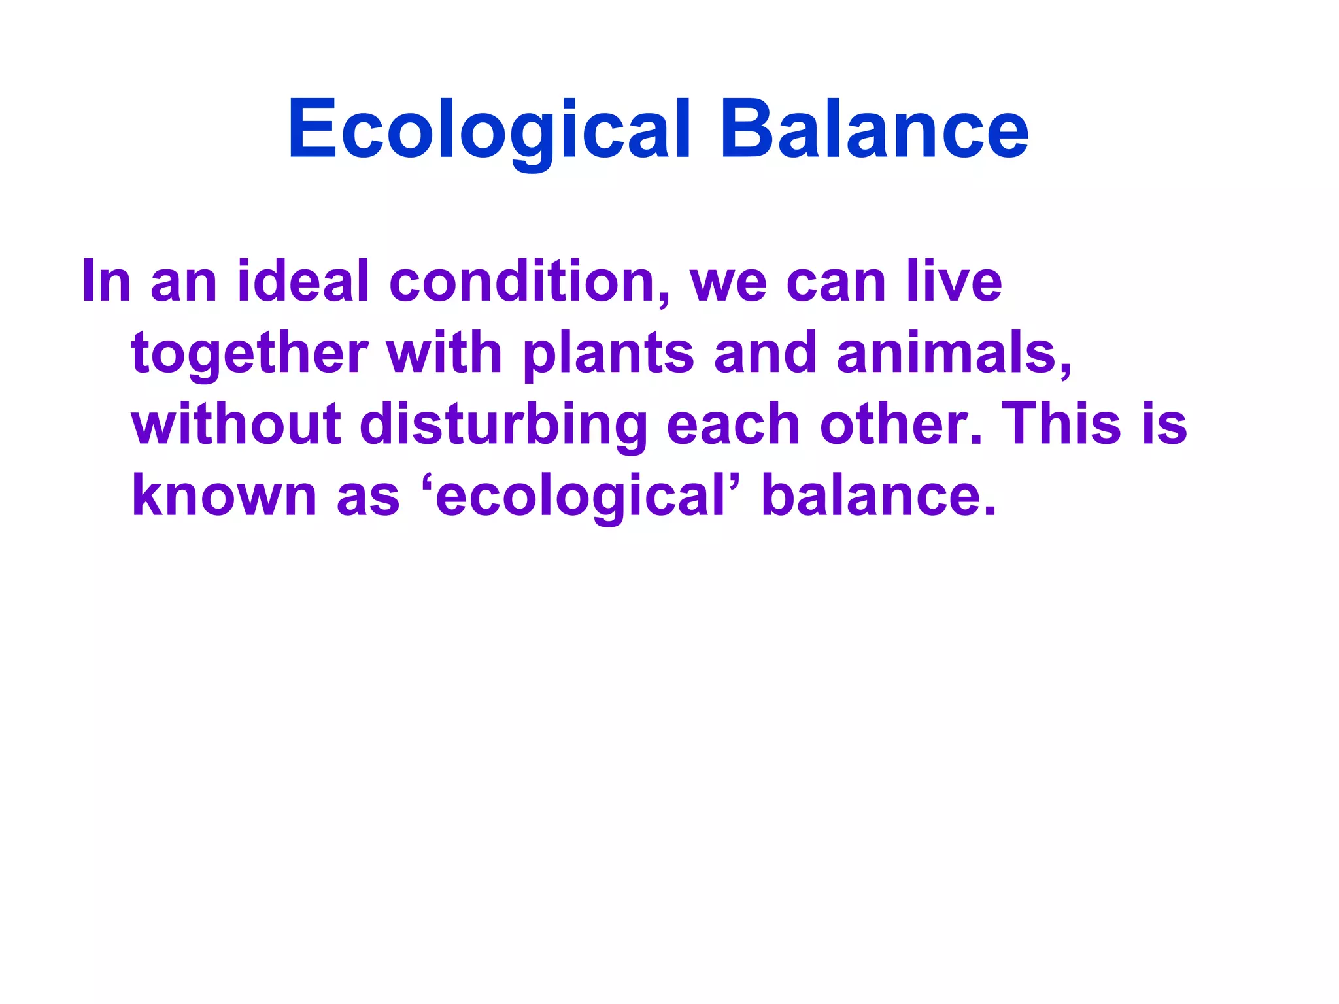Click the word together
(x=250, y=353)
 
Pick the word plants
(x=608, y=353)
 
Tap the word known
(x=224, y=495)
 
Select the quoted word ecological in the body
(x=581, y=495)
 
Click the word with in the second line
(x=445, y=353)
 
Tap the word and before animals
(x=766, y=353)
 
